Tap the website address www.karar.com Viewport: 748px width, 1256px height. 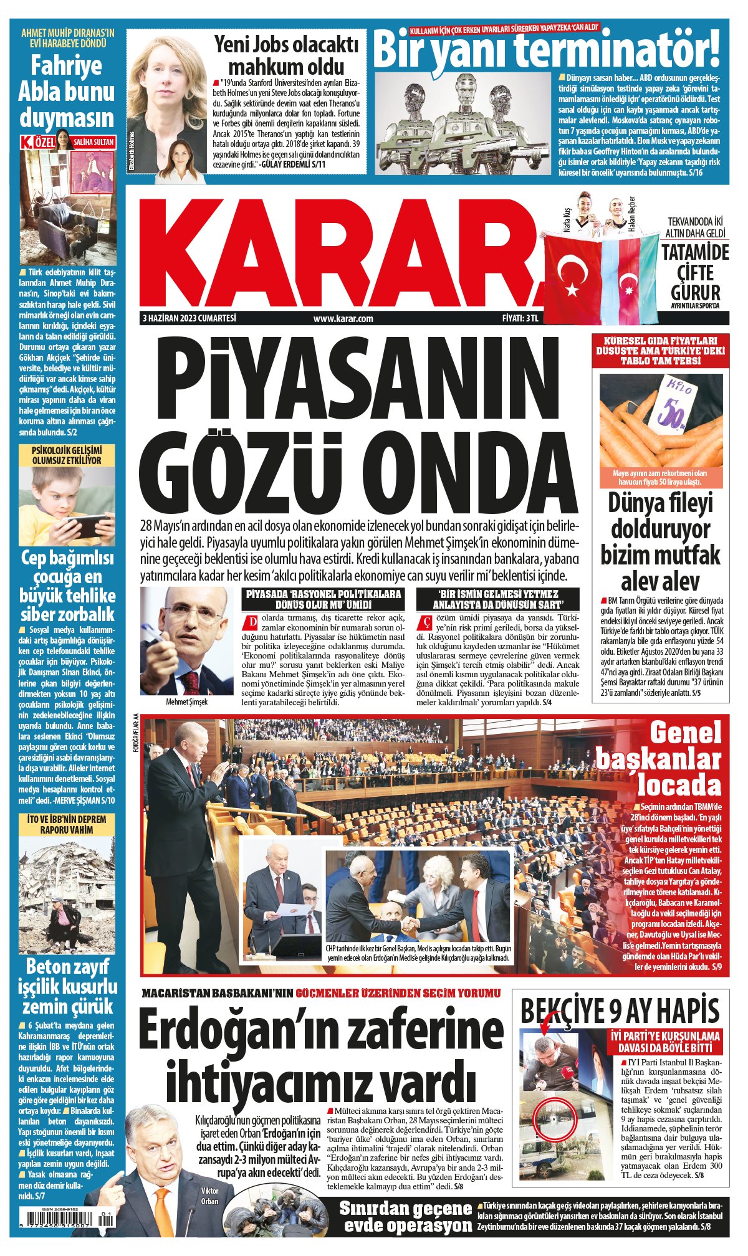point(343,318)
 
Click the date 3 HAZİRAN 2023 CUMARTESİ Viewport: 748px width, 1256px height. point(189,318)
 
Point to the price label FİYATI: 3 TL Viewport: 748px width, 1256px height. point(519,318)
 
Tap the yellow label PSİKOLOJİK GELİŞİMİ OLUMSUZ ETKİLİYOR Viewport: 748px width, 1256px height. point(67,455)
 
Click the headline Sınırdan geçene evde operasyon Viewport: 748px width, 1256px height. point(405,1217)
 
